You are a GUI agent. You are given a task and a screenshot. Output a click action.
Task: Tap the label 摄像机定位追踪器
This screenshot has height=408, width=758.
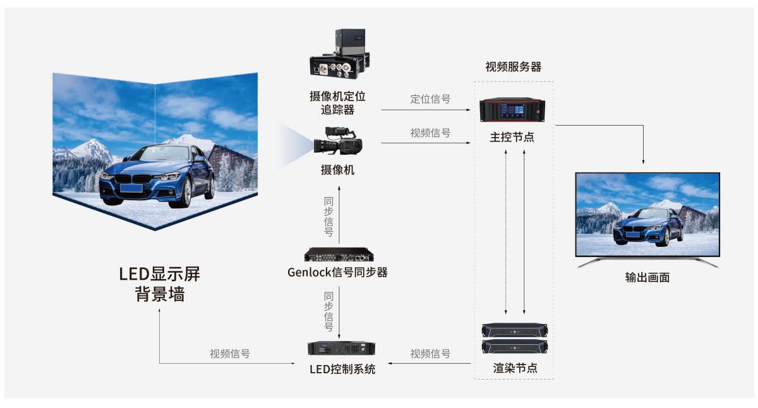click(x=337, y=103)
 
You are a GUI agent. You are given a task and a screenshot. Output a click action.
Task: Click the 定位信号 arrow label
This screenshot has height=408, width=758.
click(x=430, y=99)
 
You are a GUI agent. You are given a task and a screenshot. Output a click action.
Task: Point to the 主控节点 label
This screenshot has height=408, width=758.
click(x=512, y=137)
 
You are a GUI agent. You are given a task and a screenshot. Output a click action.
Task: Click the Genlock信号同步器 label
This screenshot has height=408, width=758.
click(x=337, y=273)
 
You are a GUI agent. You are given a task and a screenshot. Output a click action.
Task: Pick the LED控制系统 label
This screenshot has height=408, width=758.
click(x=342, y=369)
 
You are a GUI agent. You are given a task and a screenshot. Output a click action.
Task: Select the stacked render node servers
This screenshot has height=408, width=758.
click(x=515, y=339)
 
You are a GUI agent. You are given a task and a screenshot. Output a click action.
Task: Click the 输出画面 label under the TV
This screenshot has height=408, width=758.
click(x=647, y=277)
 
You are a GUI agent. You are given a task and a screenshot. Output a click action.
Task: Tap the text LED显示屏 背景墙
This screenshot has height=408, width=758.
click(x=160, y=284)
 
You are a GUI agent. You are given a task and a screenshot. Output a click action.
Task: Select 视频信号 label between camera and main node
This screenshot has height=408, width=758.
click(x=430, y=133)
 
